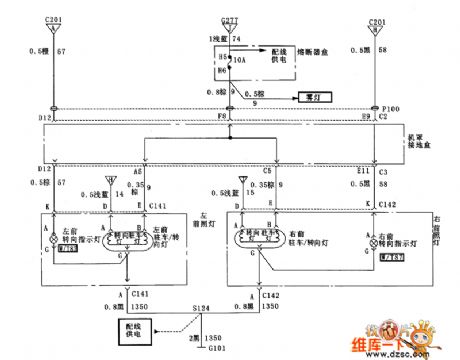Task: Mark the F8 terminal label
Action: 229,119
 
